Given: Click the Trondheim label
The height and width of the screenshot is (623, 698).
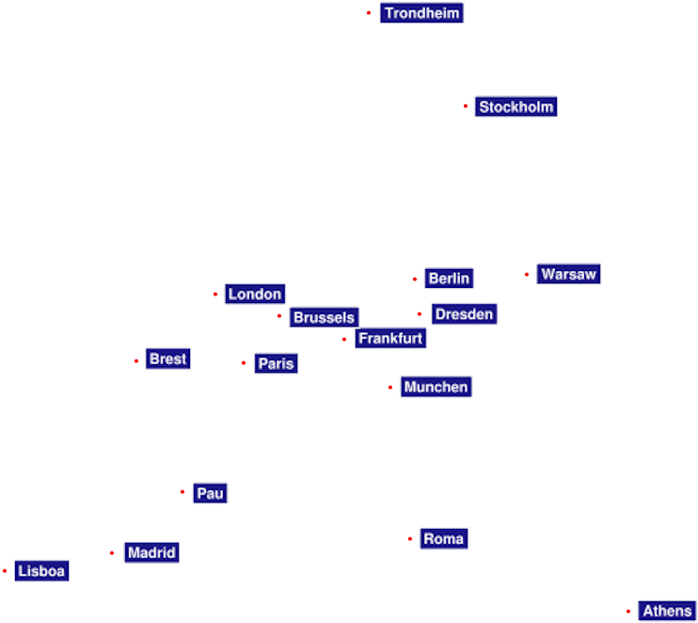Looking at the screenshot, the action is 421,13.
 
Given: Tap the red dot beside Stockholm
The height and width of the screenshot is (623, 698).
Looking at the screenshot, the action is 466,106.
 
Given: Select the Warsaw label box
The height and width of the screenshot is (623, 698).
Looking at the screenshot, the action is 568,274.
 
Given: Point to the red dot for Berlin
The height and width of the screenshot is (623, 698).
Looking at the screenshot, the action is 415,280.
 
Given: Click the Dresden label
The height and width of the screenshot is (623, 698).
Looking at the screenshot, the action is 465,314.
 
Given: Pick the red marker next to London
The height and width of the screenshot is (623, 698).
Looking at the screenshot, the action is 215,295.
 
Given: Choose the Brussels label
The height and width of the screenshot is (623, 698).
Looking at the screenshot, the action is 324,317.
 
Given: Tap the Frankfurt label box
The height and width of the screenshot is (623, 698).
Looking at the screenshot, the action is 390,338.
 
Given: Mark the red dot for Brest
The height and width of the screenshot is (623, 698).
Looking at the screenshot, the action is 136,360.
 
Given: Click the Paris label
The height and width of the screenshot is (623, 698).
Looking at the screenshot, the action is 276,363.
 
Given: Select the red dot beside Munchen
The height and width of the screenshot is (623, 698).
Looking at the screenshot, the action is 390,388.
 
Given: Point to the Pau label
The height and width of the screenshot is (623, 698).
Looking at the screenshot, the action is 210,493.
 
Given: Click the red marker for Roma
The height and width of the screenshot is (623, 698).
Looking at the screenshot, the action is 410,539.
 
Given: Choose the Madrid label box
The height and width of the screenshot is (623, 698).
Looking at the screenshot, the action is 151,552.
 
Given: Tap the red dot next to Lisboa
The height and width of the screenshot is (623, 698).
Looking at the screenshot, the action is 5,571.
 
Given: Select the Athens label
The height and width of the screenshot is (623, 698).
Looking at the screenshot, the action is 667,611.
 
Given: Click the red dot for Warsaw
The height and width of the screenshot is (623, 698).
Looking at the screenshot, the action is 527,274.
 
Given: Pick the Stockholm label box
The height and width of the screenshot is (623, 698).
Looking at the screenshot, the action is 516,106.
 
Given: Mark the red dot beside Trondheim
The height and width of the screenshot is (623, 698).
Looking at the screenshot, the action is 369,13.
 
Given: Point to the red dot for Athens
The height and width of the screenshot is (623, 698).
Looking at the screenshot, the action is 628,612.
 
